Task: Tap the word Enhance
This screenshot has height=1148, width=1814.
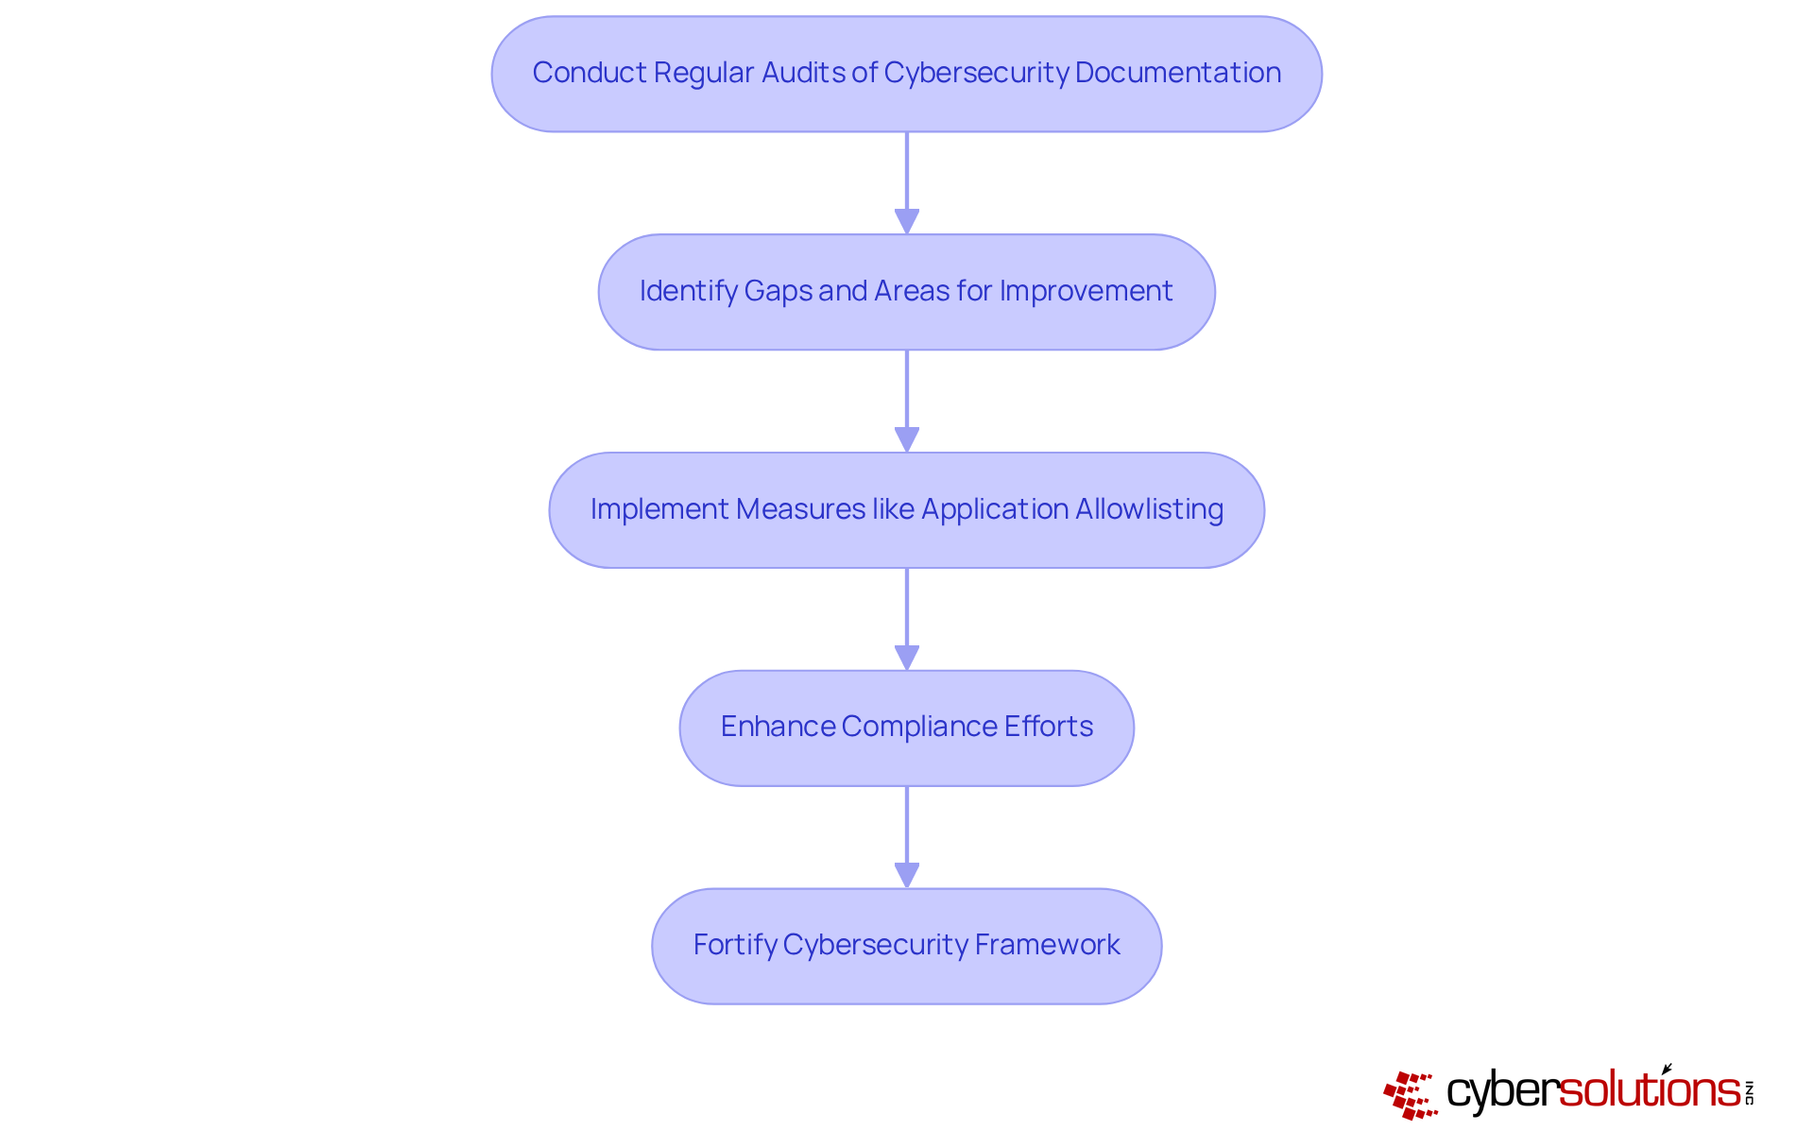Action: [x=777, y=727]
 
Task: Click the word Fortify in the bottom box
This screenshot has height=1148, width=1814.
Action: [x=734, y=945]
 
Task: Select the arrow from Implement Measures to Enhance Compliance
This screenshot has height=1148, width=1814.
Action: [x=907, y=619]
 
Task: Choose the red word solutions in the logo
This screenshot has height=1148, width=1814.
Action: [x=1649, y=1090]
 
